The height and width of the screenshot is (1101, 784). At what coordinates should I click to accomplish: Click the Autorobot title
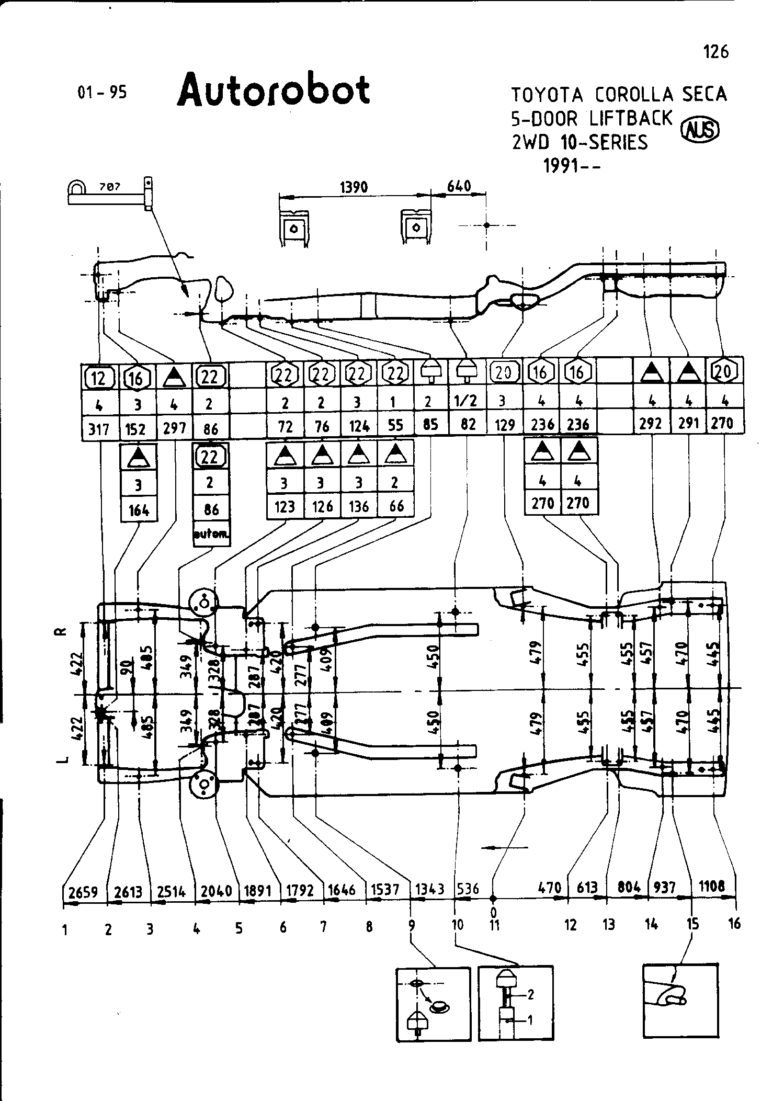tap(274, 90)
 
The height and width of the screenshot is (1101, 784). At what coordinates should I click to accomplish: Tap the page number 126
tap(715, 52)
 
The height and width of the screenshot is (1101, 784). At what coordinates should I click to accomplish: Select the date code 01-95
tap(102, 93)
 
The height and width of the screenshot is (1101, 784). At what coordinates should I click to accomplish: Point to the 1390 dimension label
tap(354, 187)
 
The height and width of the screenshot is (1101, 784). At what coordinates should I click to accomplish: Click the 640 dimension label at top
tap(459, 186)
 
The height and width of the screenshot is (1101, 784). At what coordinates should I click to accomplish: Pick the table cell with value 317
tap(98, 429)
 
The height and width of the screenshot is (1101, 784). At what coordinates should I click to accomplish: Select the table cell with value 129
tap(505, 425)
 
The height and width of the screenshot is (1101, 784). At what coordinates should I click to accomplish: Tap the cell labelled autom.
tap(211, 535)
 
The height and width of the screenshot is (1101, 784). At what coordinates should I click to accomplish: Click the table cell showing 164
tap(139, 509)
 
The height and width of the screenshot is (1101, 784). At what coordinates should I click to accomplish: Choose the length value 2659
tap(84, 892)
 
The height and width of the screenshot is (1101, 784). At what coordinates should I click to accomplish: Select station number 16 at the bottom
tap(734, 924)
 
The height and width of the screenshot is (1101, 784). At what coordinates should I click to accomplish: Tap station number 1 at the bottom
tap(65, 929)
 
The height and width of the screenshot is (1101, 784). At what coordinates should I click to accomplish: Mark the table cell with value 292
tap(651, 423)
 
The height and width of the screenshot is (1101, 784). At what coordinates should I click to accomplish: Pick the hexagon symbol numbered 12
tap(98, 377)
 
